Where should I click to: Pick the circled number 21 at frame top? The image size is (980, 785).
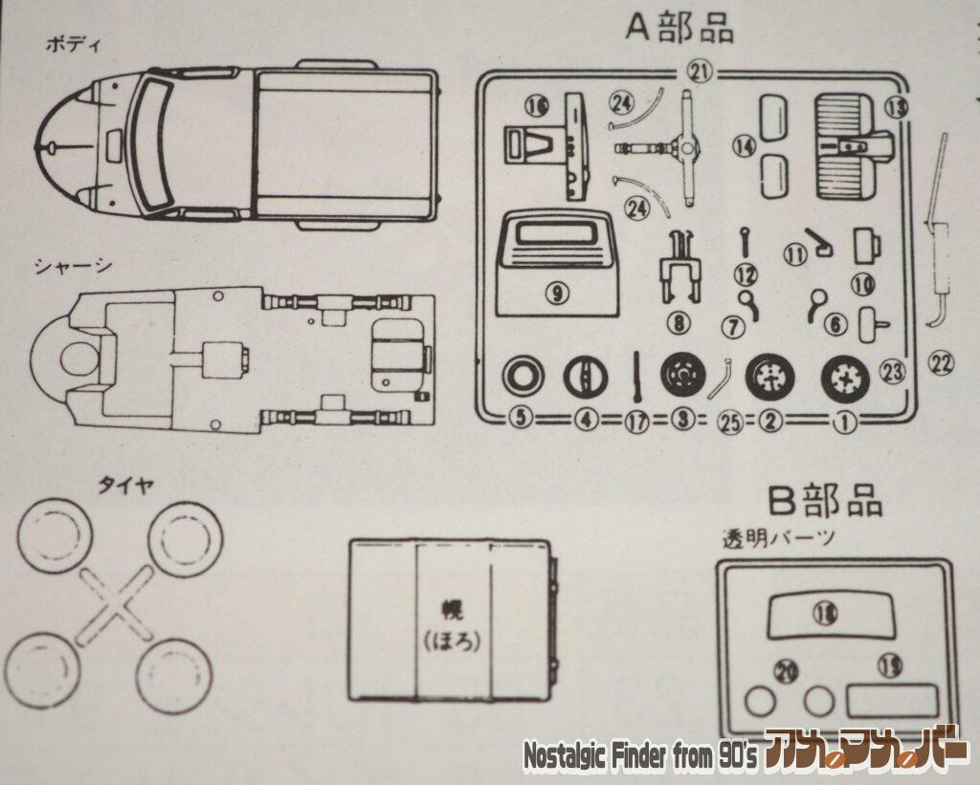pos(701,70)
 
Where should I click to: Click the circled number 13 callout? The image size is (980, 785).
pos(895,108)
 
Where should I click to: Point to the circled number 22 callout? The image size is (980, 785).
pos(941,362)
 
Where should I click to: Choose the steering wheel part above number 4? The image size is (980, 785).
pos(584,376)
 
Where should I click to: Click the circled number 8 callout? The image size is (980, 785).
pos(679,322)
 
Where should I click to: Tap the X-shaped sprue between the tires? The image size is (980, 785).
pos(115,604)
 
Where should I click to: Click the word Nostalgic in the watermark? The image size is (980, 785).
pos(566,756)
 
